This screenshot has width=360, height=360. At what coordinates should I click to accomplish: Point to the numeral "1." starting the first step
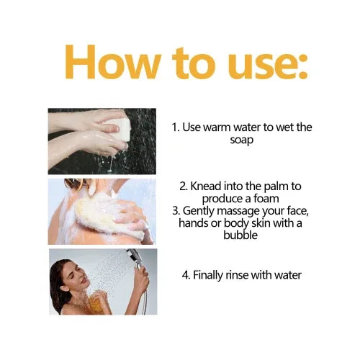pyautogui.click(x=175, y=127)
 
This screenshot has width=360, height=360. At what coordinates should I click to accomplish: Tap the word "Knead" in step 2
pyautogui.click(x=205, y=186)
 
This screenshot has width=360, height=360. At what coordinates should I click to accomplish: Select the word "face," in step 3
pyautogui.click(x=297, y=211)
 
